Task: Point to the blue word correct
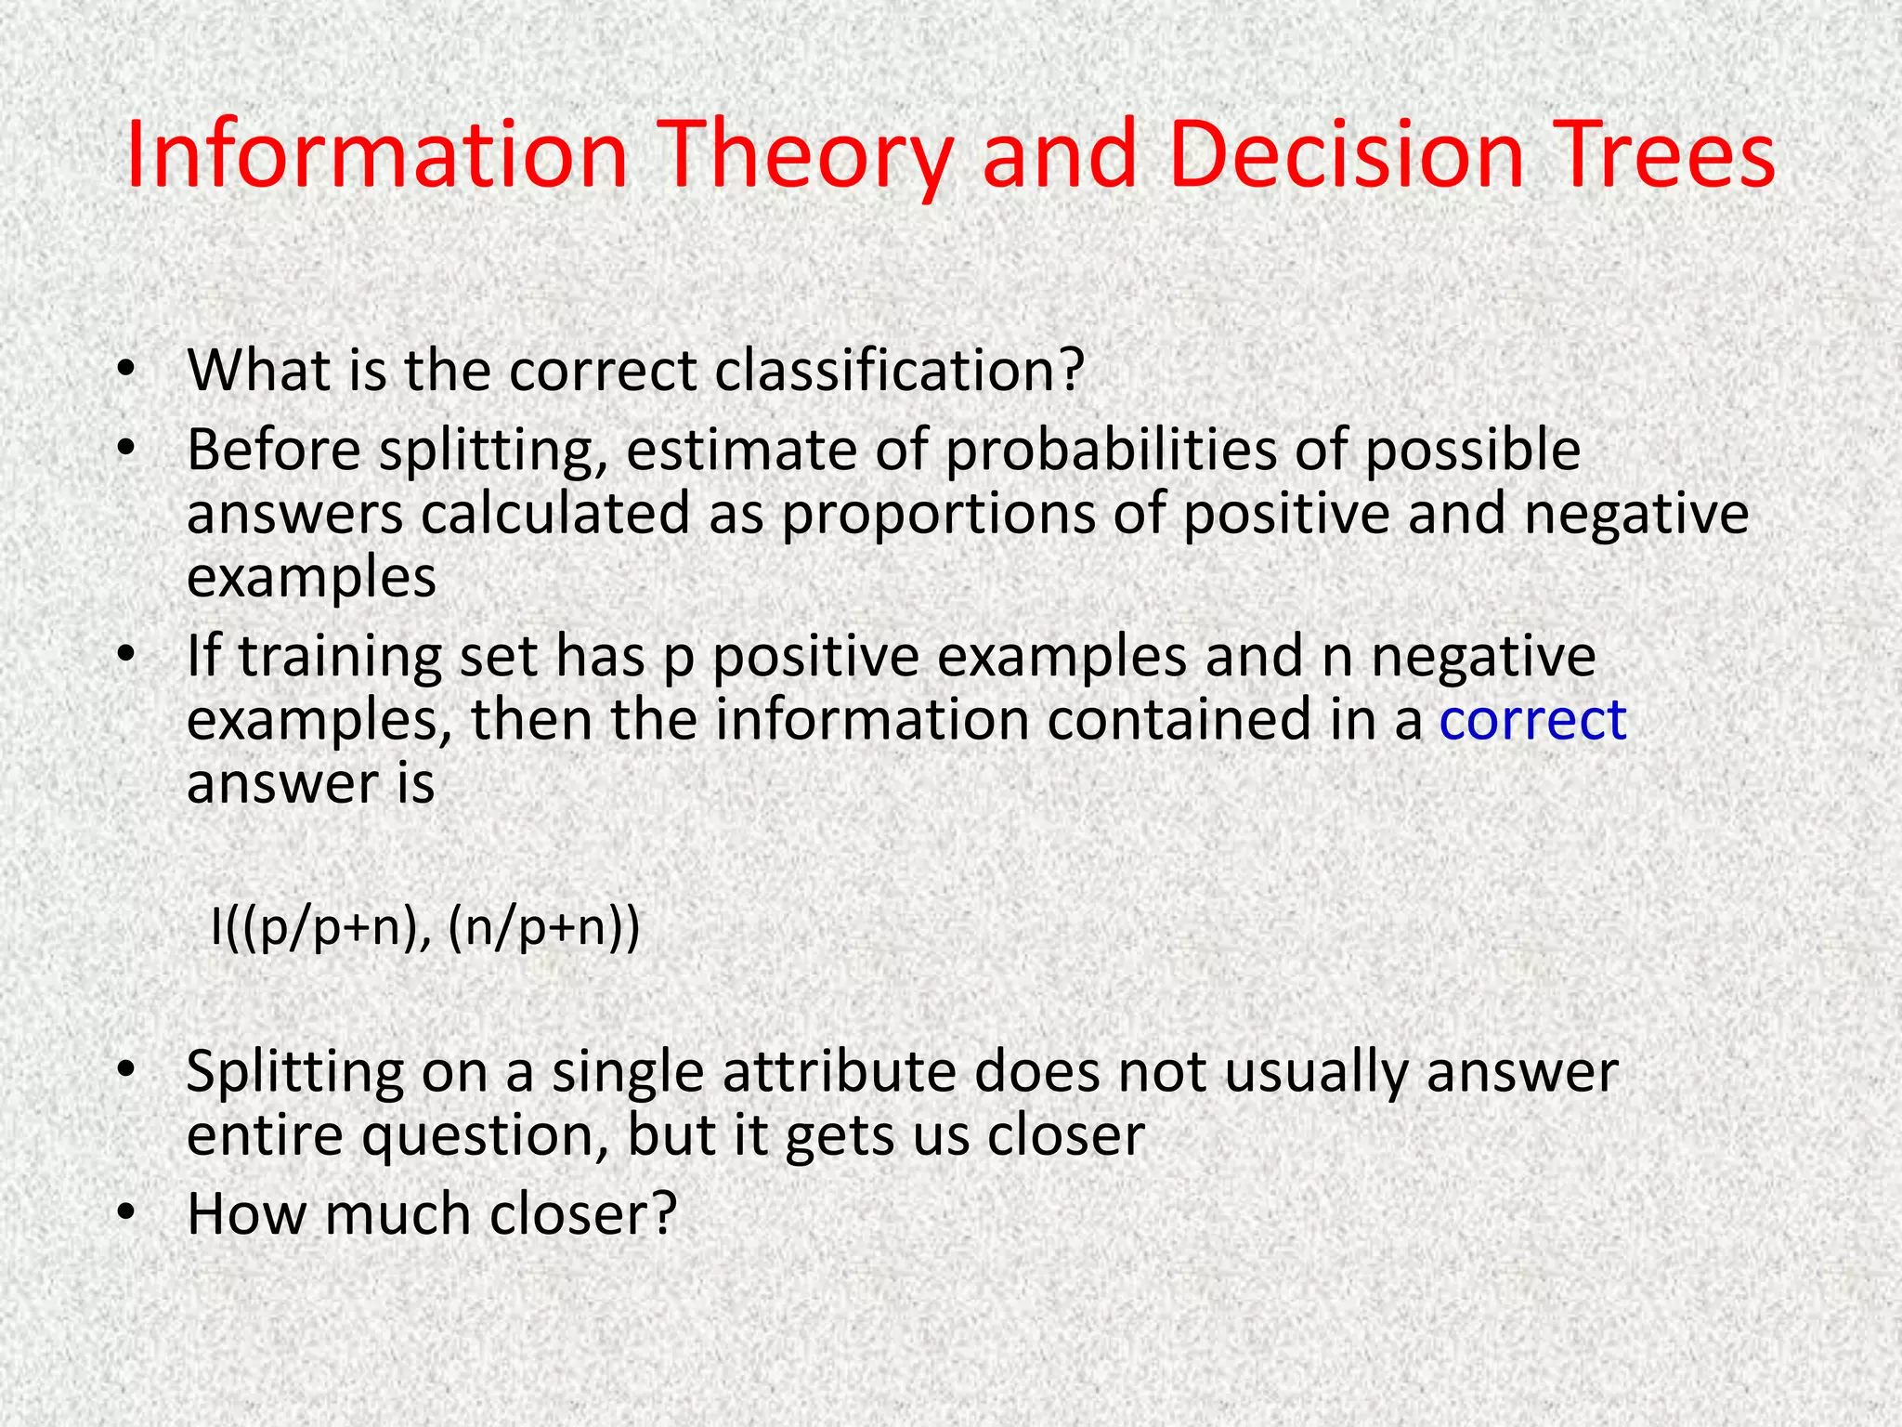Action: pos(1532,719)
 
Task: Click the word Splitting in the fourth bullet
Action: pos(294,1070)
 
